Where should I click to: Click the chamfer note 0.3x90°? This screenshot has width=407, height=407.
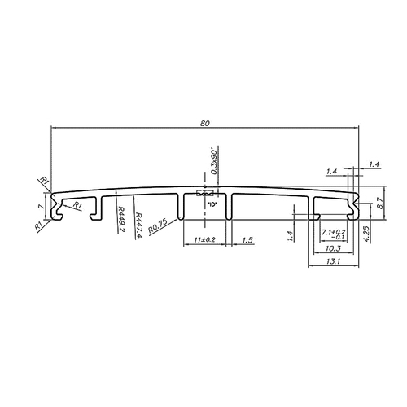pyautogui.click(x=213, y=164)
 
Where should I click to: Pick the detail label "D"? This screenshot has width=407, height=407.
pyautogui.click(x=210, y=203)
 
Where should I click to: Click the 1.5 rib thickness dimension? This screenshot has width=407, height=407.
pyautogui.click(x=248, y=240)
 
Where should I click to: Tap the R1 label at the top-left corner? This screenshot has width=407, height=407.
pyautogui.click(x=45, y=181)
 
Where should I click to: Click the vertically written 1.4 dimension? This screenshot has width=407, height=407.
pyautogui.click(x=289, y=237)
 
